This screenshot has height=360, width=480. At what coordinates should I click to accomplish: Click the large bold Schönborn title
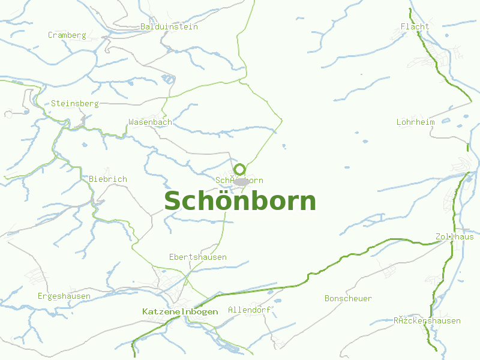(x=240, y=202)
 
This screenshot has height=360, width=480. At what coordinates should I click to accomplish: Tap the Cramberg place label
(x=67, y=35)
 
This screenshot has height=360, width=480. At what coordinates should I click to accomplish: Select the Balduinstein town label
(x=169, y=26)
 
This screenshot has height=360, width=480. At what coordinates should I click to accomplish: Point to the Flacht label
(x=415, y=26)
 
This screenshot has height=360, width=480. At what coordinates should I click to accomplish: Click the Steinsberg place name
(x=74, y=103)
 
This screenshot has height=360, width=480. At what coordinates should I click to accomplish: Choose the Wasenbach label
(x=150, y=122)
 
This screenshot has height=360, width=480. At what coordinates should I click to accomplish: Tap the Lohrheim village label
(x=415, y=122)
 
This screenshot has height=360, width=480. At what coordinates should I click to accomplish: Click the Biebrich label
(x=108, y=179)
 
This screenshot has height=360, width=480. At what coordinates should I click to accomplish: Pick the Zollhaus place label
(x=454, y=236)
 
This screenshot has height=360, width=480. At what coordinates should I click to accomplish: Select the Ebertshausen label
(x=198, y=257)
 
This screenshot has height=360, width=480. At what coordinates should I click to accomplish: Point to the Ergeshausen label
(x=64, y=296)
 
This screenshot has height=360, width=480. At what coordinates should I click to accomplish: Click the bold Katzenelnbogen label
(x=180, y=311)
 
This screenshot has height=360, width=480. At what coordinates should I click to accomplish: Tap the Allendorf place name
(x=249, y=310)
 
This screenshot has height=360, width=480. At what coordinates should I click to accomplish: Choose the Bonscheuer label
(x=348, y=298)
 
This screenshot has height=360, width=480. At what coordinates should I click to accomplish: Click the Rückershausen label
(x=427, y=320)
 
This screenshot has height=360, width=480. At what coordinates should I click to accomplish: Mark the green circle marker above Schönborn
(x=239, y=169)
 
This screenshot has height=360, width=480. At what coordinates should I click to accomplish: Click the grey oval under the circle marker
(x=241, y=181)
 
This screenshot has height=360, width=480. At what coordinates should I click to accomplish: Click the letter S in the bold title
(x=174, y=202)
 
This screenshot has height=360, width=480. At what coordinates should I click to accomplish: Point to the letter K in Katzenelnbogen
(x=145, y=311)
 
